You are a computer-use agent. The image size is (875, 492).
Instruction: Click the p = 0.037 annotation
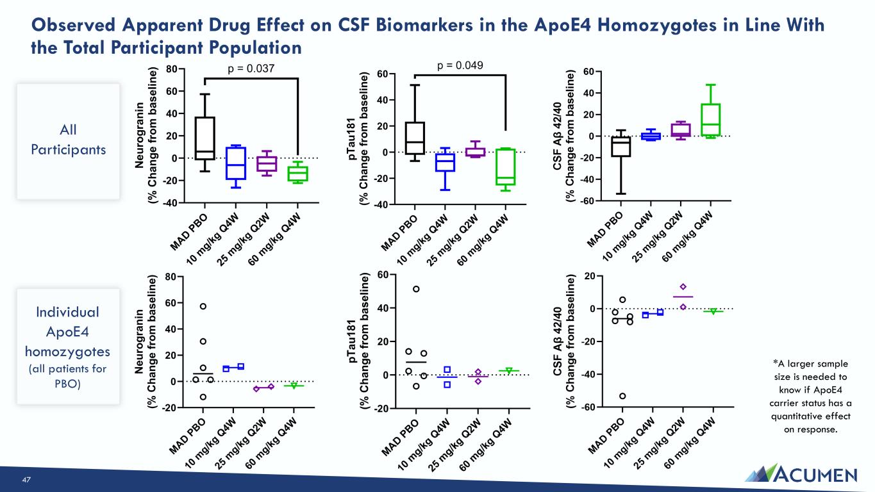pyautogui.click(x=251, y=69)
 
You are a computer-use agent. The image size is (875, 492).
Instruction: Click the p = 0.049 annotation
pyautogui.click(x=460, y=65)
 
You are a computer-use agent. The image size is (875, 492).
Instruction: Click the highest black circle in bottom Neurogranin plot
pyautogui.click(x=203, y=306)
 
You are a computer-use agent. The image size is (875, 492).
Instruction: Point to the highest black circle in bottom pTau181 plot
pyautogui.click(x=416, y=289)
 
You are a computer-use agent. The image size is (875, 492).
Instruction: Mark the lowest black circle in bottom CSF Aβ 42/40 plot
pyautogui.click(x=622, y=396)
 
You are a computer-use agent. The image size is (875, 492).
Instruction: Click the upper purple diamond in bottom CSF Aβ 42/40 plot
pyautogui.click(x=683, y=287)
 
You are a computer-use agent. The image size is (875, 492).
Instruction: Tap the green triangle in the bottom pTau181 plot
pyautogui.click(x=509, y=371)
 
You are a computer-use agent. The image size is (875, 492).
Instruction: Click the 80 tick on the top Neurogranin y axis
pyautogui.click(x=172, y=69)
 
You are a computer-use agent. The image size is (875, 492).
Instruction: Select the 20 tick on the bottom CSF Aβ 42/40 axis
pyautogui.click(x=590, y=276)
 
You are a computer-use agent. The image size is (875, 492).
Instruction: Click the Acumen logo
pyautogui.click(x=801, y=473)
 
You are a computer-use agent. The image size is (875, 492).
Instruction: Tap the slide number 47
pyautogui.click(x=26, y=479)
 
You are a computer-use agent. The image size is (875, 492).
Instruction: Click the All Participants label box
pyautogui.click(x=69, y=142)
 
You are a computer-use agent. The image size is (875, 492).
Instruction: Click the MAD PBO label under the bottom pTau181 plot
pyautogui.click(x=401, y=438)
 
